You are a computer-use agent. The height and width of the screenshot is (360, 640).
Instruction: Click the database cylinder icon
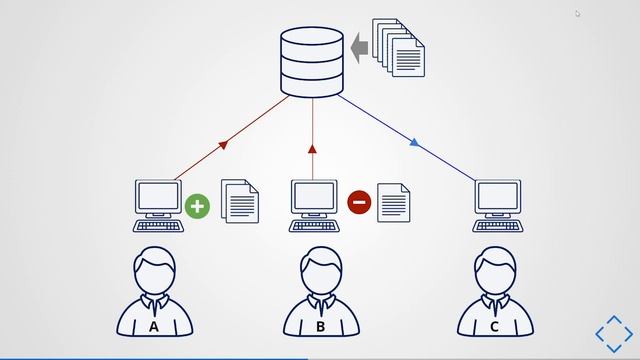[313, 63]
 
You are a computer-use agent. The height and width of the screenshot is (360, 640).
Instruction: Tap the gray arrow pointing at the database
[359, 46]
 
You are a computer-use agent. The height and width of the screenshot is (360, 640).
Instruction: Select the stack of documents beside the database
[399, 46]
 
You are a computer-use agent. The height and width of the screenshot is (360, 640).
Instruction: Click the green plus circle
[198, 206]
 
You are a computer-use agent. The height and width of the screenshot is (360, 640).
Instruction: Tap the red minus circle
[359, 203]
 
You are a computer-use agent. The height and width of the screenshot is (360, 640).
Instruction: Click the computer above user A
[158, 200]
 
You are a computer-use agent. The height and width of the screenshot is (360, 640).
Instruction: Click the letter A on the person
[154, 326]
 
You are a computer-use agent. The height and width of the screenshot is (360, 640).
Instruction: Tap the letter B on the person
[321, 326]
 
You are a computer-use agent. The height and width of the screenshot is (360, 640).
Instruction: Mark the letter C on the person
[495, 326]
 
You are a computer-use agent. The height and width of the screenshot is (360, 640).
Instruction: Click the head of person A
[154, 268]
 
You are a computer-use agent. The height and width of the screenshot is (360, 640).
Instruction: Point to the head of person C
[495, 268]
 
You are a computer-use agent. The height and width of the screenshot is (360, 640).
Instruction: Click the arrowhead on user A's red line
[223, 145]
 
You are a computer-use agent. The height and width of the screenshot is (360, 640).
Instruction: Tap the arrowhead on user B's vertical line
[313, 148]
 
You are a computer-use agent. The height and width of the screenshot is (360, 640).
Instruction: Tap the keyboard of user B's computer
[314, 226]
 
